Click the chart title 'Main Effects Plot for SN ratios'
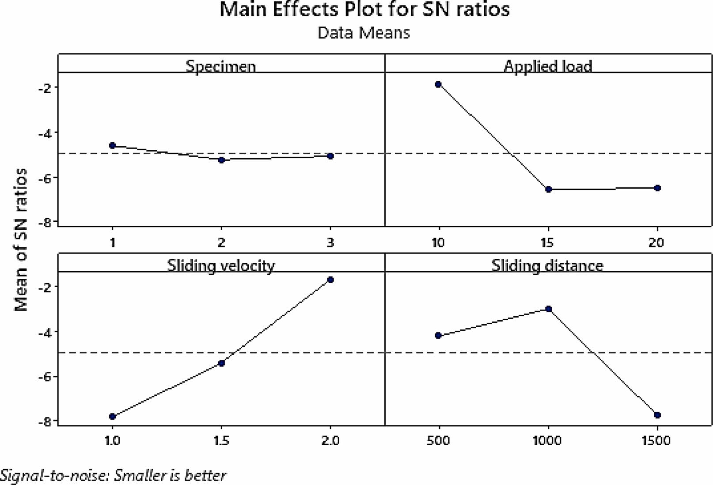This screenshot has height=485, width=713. [x=364, y=10]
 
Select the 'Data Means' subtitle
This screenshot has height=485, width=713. [x=364, y=33]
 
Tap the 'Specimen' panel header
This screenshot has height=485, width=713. [x=220, y=66]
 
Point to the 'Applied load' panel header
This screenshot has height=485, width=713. [x=548, y=66]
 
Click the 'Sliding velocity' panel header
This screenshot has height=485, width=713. [x=220, y=265]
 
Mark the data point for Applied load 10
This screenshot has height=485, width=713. [x=438, y=84]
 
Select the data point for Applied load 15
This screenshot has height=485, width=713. [x=549, y=189]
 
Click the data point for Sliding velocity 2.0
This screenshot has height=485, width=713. [x=330, y=280]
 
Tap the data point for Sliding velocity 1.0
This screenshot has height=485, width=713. [x=112, y=417]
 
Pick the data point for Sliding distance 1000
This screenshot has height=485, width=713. [x=549, y=309]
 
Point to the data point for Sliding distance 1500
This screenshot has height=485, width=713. [x=657, y=415]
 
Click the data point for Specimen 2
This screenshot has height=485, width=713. [x=221, y=160]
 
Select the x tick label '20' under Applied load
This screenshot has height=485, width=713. [x=657, y=242]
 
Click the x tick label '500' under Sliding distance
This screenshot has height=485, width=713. [x=438, y=441]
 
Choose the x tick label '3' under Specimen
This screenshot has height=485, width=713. [x=330, y=242]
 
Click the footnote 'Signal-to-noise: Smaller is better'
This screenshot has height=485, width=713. [x=113, y=475]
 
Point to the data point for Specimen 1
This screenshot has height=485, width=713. [x=112, y=145]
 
